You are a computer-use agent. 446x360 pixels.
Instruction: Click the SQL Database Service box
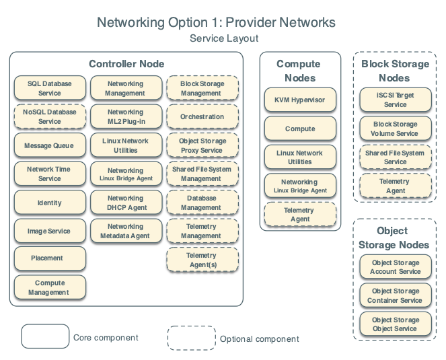click(x=50, y=88)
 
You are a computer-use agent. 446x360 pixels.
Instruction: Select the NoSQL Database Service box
click(x=50, y=116)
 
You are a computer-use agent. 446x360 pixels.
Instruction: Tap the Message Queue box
click(x=50, y=145)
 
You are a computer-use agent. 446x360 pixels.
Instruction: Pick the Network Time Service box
click(x=50, y=174)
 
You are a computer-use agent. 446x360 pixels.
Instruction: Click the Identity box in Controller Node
click(x=50, y=203)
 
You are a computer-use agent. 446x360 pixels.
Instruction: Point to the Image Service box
click(x=50, y=231)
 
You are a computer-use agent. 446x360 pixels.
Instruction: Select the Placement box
click(x=50, y=258)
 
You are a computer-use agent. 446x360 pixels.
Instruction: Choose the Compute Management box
click(x=50, y=287)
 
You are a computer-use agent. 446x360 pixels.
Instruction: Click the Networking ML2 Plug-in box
click(x=125, y=116)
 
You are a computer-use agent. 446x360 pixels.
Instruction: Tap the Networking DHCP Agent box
click(x=125, y=203)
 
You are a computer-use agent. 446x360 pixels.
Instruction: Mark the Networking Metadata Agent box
click(x=125, y=231)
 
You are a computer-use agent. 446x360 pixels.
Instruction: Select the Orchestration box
click(x=202, y=116)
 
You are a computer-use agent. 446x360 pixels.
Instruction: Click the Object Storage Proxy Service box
click(x=202, y=145)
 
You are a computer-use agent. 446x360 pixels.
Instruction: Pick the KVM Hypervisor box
click(x=300, y=100)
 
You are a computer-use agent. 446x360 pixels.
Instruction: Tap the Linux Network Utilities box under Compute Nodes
click(x=300, y=157)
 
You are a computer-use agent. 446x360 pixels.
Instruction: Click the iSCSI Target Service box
click(x=395, y=100)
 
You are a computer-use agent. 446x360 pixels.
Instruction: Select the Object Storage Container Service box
click(x=395, y=295)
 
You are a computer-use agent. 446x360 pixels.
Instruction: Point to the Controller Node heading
click(x=126, y=64)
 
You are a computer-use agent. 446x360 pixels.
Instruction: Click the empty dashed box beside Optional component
click(x=190, y=338)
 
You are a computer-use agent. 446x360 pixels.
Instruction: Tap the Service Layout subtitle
click(x=223, y=38)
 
